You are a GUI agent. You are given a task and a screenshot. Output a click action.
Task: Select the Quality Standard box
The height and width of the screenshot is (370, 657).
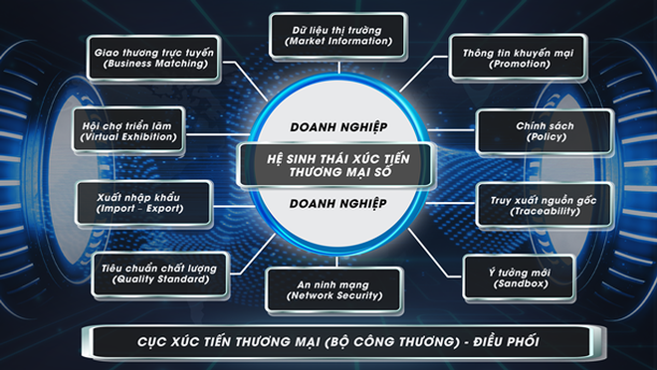point(155,273)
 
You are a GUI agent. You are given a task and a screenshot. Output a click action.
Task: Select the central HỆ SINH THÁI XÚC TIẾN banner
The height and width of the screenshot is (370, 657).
point(328,165)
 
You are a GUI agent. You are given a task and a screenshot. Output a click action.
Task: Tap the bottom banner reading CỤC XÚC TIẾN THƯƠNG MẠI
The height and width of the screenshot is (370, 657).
point(328,342)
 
